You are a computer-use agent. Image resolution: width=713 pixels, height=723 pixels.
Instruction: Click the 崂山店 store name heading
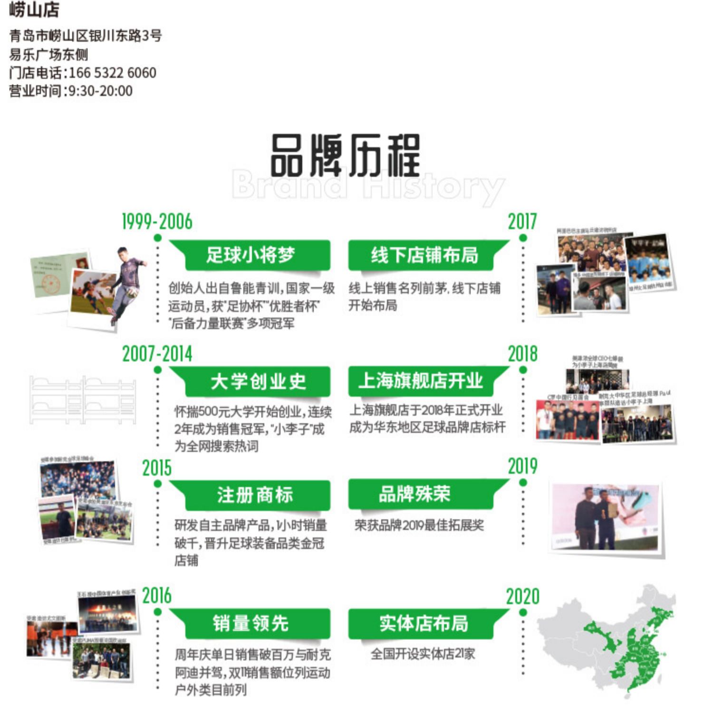pyautogui.click(x=34, y=10)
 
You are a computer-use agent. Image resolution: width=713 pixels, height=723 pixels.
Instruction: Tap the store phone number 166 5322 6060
pyautogui.click(x=113, y=73)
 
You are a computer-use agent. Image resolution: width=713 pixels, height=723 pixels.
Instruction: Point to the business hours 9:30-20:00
pyautogui.click(x=101, y=91)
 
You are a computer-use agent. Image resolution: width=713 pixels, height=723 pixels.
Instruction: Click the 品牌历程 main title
pyautogui.click(x=346, y=156)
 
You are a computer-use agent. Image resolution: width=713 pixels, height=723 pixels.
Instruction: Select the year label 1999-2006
pyautogui.click(x=157, y=222)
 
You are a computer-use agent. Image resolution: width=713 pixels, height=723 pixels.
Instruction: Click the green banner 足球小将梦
pyautogui.click(x=251, y=255)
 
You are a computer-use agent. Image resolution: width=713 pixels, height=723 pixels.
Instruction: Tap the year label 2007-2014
pyautogui.click(x=157, y=354)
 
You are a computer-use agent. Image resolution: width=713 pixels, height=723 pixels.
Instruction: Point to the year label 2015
pyautogui.click(x=157, y=468)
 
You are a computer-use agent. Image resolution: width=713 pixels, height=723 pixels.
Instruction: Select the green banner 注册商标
pyautogui.click(x=255, y=495)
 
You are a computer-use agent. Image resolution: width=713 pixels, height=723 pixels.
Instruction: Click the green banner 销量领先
pyautogui.click(x=251, y=623)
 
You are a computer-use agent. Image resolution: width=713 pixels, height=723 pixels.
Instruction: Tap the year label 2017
pyautogui.click(x=522, y=222)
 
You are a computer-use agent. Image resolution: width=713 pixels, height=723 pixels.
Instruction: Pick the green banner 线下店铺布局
pyautogui.click(x=424, y=255)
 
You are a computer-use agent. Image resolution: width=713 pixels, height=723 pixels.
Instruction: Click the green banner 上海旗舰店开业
pyautogui.click(x=421, y=381)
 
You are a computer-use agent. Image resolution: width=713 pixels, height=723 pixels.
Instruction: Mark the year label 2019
pyautogui.click(x=522, y=466)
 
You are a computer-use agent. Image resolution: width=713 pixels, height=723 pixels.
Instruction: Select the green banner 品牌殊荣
pyautogui.click(x=414, y=494)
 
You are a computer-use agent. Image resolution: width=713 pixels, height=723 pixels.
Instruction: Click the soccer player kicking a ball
pyautogui.click(x=125, y=283)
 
